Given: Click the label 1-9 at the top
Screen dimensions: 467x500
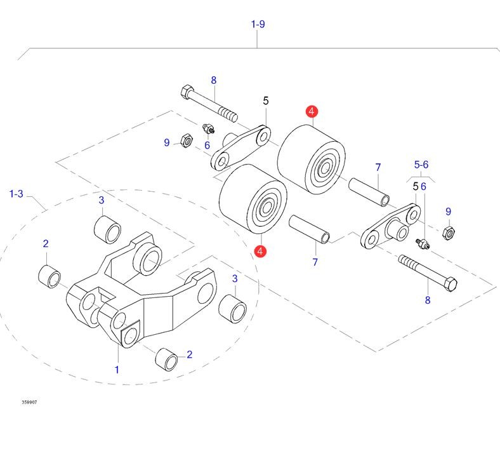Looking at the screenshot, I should coord(258,24).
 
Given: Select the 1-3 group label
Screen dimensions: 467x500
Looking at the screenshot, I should coord(16,194).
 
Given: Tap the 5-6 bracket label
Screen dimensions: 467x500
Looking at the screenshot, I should coord(422,164).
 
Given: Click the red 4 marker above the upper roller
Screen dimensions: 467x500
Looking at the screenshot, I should coord(311,112).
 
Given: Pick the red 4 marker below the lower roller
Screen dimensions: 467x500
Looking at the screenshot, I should coord(260,252).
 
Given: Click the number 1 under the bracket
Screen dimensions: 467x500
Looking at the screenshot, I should coord(117,369).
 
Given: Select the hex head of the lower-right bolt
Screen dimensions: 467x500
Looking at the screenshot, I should coord(449,283).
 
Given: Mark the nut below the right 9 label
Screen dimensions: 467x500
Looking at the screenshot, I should coord(447,234).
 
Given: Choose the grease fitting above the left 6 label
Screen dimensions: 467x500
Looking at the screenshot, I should coord(207,130).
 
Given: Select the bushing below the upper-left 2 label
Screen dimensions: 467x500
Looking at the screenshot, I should coord(49,276).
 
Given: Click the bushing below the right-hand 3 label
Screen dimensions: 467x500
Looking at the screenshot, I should coord(232,308).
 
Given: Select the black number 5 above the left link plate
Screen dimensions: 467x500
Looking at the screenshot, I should coord(266,100).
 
